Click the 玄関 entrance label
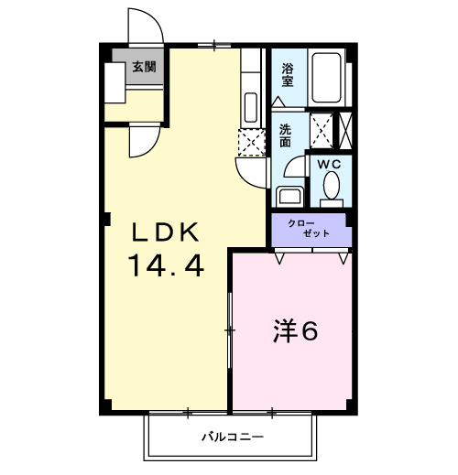(143, 66)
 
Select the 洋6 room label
(296, 331)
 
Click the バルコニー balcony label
(233, 437)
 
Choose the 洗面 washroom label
(285, 136)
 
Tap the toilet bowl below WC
(331, 189)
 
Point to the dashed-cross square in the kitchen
(250, 142)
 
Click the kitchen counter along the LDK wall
(251, 92)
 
